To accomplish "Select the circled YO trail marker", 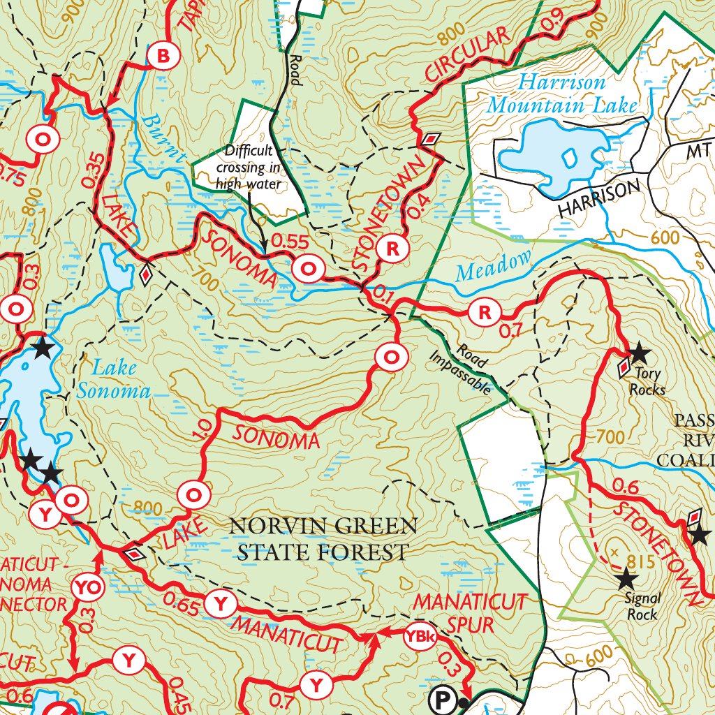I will tap(89, 588).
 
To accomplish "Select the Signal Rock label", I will tap(642, 607).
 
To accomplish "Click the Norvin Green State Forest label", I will tap(323, 538).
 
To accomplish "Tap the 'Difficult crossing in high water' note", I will tap(249, 168).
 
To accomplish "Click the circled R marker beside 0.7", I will tap(484, 312).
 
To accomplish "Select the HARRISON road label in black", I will tap(598, 199).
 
